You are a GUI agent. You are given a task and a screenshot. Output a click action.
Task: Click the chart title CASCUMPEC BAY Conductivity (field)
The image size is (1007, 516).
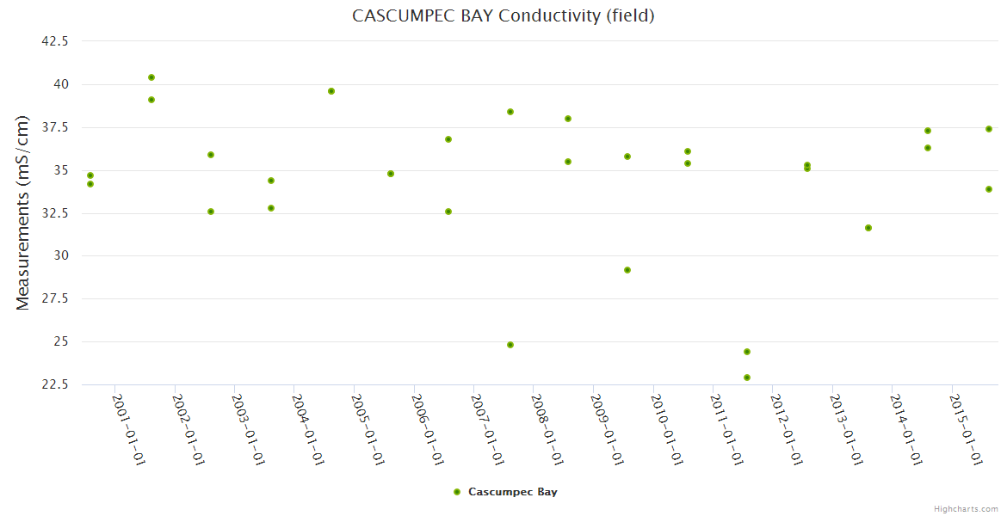point(503,15)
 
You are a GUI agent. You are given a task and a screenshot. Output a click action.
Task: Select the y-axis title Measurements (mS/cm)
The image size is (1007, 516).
point(22,212)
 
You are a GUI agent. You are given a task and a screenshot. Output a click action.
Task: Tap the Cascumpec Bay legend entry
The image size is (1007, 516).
point(506,492)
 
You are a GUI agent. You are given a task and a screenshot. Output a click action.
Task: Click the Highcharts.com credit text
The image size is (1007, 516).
point(966,508)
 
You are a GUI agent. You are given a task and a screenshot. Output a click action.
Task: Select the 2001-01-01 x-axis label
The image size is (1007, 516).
point(129,429)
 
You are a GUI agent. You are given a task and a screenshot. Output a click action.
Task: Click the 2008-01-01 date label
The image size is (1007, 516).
point(547,429)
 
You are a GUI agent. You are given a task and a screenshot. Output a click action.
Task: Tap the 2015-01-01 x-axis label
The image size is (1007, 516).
point(966,429)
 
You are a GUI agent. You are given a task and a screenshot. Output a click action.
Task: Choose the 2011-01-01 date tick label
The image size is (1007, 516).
point(726,429)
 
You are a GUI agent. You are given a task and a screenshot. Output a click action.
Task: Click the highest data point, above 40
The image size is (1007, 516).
point(151,77)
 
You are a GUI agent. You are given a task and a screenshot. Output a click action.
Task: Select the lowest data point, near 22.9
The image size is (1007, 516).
point(747,378)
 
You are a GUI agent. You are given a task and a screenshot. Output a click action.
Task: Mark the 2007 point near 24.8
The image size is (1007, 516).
point(510,345)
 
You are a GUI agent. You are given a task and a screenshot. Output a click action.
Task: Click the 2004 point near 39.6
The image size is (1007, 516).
point(331,91)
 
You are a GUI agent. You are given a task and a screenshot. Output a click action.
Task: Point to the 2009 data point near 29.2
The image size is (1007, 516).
point(627,270)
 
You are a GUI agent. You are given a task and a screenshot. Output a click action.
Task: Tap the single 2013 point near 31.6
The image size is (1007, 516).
point(868,228)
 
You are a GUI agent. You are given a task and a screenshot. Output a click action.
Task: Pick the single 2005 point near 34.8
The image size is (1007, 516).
point(391,174)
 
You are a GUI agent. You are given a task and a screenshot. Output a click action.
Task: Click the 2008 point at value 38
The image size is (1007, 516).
point(568,119)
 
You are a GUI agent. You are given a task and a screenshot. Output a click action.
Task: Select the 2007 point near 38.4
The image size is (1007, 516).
point(510,112)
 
